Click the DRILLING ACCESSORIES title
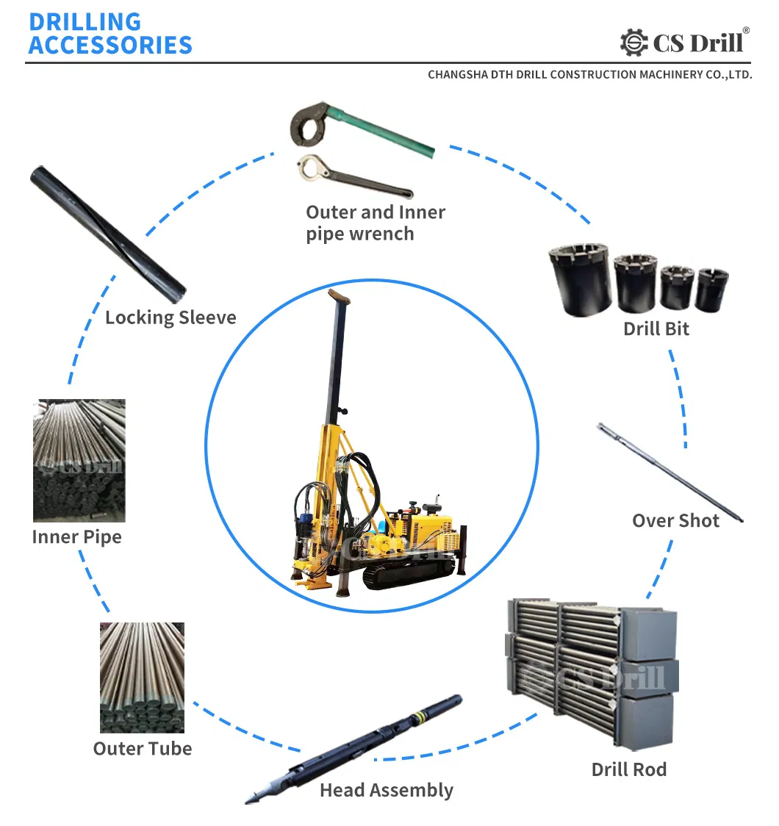click(x=111, y=34)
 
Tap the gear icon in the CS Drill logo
click(x=633, y=42)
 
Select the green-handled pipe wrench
click(x=362, y=126)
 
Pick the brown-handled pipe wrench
click(x=354, y=176)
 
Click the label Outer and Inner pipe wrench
click(x=376, y=223)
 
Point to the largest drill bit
click(x=581, y=280)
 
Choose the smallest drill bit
click(x=711, y=290)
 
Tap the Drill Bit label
click(x=656, y=328)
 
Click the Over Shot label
click(x=676, y=520)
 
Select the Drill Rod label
click(x=629, y=769)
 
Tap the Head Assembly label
click(x=387, y=790)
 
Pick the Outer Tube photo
click(x=143, y=678)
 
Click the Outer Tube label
click(x=143, y=749)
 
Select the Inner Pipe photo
click(x=79, y=461)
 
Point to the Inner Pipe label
click(x=77, y=537)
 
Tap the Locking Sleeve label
click(x=170, y=317)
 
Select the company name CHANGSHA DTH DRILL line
click(x=590, y=75)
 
